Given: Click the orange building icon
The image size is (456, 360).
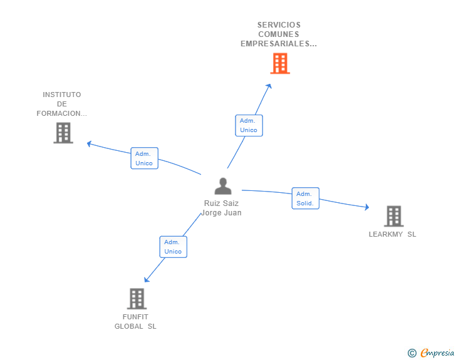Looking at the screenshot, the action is pos(280,63).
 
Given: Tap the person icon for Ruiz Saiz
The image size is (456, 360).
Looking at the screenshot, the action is pos(223,186).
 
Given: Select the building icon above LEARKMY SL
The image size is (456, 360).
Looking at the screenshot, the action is pos(394,216).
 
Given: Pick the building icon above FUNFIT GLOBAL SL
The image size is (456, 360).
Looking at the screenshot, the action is pos(137,299).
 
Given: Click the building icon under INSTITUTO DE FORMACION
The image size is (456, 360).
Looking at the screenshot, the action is pos(63,133).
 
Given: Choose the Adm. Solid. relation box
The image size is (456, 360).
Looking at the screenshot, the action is pos(306,198).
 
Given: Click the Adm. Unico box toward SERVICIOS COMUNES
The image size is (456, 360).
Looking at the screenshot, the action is pos(249,125).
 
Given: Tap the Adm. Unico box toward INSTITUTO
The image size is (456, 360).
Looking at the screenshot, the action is pos(144,158).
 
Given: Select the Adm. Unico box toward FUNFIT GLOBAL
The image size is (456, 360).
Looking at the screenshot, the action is pos(174,247).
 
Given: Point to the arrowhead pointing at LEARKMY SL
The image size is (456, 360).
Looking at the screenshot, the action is pos(367,207).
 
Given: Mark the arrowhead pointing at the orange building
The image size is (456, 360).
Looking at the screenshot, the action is pos(269,86).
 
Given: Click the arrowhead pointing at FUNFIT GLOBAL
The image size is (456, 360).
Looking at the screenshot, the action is pos(147,279).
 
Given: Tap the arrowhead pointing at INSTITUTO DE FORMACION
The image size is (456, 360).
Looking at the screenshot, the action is pos(90,143).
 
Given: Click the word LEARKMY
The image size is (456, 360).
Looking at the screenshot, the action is pos(386,234).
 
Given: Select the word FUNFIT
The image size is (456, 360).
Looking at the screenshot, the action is pos(135,317).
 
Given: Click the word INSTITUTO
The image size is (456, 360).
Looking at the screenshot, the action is pos(62,95).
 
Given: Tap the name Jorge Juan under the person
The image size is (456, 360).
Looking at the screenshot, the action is pos(221,213).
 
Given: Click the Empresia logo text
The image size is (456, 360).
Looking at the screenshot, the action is pos(437,353).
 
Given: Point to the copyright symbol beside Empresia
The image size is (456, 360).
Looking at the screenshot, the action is pos(412,353).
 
